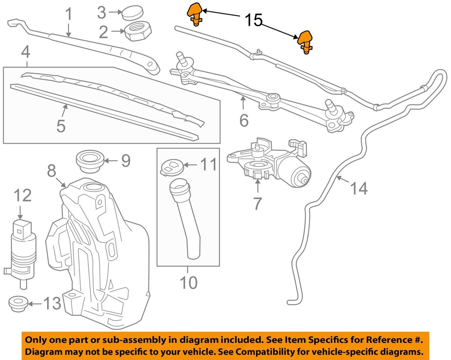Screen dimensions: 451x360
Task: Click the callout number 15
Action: point(253,20)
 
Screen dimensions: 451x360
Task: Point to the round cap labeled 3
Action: point(132,12)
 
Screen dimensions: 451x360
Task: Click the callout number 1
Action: point(69,14)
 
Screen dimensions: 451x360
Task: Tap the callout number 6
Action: point(244,121)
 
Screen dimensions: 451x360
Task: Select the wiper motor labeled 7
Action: point(269,163)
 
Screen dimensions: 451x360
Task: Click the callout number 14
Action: point(359,188)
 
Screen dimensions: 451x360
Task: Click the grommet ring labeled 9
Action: point(90,161)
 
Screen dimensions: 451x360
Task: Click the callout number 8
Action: point(51,170)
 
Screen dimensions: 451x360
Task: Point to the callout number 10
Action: point(188,283)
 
